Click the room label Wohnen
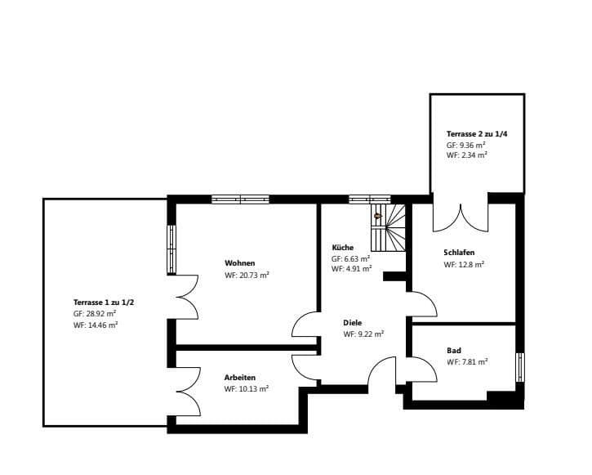[240, 263]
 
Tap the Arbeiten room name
[240, 378]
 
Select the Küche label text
[342, 247]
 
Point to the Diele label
[352, 322]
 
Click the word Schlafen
[459, 253]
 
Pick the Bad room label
[454, 350]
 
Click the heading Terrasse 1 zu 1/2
[104, 302]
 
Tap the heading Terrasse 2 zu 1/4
[478, 133]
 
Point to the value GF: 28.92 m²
[95, 313]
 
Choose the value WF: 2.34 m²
[467, 154]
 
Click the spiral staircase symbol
[389, 227]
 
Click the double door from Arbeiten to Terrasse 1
[186, 391]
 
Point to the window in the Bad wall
[520, 366]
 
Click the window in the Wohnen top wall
[240, 199]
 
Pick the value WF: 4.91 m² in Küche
[352, 268]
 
